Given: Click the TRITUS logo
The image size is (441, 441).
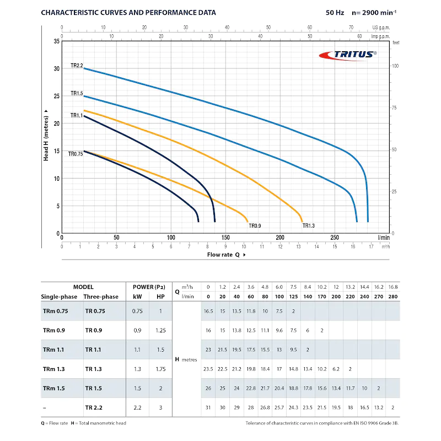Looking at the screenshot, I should point(348,54).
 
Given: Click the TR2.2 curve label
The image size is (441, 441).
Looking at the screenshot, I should point(76,66).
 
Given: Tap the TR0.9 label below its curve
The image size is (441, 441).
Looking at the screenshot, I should point(255,225).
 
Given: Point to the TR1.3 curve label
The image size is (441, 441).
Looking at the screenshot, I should point(309,225).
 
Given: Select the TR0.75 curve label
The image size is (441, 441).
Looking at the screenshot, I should point(75,154).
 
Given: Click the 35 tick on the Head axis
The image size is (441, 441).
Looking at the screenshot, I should point(57,41).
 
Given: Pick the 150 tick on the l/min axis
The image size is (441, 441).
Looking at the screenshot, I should point(225,238).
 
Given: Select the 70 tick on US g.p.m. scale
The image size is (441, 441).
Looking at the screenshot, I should point(351,27).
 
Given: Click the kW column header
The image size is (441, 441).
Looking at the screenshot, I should point(137,297).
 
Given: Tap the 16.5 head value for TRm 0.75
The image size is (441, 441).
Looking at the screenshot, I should point(208,311).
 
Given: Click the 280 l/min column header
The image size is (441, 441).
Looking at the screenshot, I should point(392,297).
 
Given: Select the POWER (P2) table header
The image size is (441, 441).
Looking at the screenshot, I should point(149,287).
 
